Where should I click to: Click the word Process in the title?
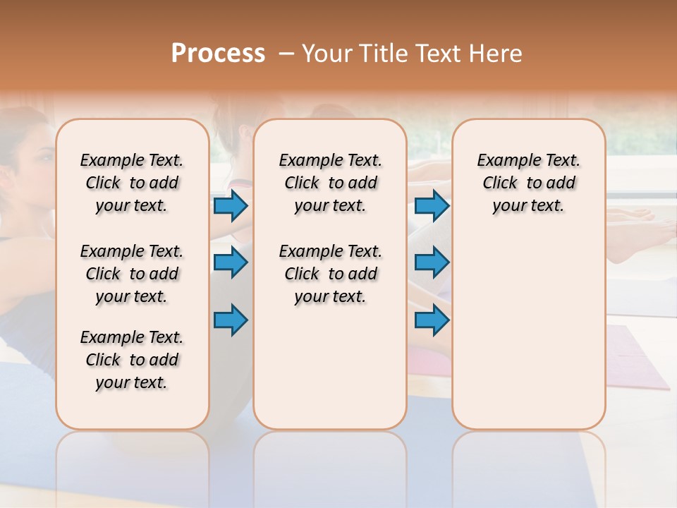tap(218, 54)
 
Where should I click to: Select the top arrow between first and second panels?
tap(231, 205)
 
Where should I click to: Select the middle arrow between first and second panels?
tap(231, 262)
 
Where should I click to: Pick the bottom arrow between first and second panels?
tap(231, 320)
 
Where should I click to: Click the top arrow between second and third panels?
tap(432, 205)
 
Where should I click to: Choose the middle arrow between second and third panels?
tap(432, 262)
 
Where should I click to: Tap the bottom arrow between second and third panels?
tap(432, 320)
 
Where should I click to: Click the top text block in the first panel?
tap(132, 183)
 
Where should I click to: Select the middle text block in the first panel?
tap(132, 274)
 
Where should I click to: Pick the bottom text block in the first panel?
tap(132, 360)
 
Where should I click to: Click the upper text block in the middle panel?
tap(330, 183)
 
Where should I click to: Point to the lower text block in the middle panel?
tap(330, 274)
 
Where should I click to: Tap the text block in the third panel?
tap(528, 183)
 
